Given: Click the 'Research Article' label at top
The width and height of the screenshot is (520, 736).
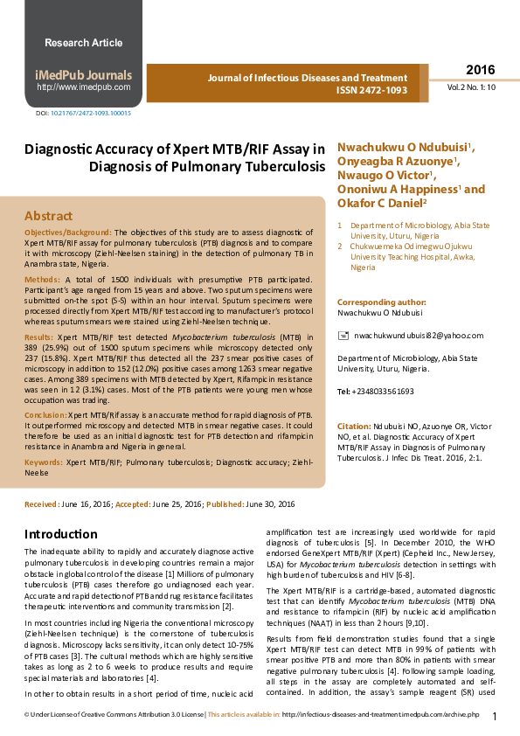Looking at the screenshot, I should (x=84, y=43).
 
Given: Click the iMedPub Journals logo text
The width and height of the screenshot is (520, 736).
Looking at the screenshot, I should (x=83, y=74).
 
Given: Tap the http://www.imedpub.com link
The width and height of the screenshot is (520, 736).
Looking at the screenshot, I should (x=83, y=87).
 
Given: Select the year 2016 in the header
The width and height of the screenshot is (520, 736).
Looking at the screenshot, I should (x=480, y=70).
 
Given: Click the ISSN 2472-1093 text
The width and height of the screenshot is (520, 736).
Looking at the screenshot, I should (x=371, y=90).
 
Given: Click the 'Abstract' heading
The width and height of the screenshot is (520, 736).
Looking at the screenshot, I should (x=48, y=216).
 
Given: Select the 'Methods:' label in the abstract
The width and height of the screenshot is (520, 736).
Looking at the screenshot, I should (x=42, y=281).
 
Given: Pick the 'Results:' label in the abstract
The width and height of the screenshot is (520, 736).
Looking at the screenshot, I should (x=38, y=337).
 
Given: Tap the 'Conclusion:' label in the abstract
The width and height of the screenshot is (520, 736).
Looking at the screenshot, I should (x=45, y=415).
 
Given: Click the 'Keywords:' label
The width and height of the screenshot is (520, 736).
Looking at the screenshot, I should (x=43, y=461).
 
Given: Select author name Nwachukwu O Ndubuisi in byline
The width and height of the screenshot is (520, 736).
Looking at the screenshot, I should (x=405, y=147).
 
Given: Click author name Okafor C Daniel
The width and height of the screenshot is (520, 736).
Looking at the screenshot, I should (x=380, y=203).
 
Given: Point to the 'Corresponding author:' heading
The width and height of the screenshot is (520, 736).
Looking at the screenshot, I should (x=381, y=302).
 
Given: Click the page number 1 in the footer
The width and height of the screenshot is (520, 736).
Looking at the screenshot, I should (x=495, y=718).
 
